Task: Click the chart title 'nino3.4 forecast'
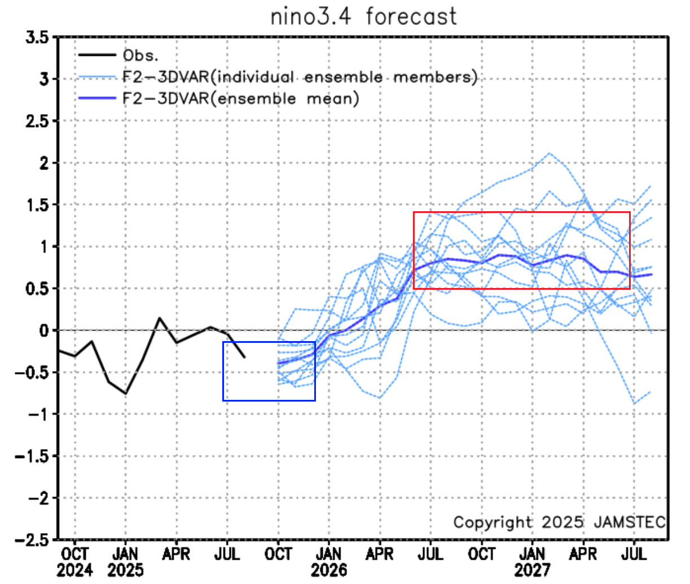[363, 16]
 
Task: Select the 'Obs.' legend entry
[140, 55]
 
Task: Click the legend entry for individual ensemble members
[300, 77]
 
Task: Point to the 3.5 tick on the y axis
[38, 37]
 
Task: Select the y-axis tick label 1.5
[38, 205]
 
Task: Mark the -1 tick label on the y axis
[37, 414]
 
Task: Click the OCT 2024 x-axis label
[74, 561]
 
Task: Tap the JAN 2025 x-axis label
[125, 561]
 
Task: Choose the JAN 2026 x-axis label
[329, 561]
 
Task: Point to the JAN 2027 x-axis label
[532, 561]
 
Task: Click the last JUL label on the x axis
[634, 554]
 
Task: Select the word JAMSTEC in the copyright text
[630, 522]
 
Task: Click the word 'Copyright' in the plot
[492, 522]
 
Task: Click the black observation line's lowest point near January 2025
[125, 394]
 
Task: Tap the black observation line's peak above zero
[160, 318]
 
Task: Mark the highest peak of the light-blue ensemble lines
[548, 152]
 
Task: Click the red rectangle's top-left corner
[414, 212]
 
